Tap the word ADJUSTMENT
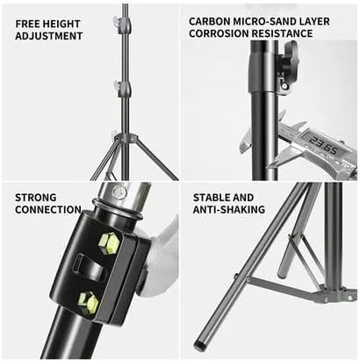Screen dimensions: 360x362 [x=49, y=36]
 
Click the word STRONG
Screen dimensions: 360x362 [x=36, y=198]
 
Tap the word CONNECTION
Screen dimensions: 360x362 [x=48, y=210]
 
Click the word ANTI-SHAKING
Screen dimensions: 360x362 [x=229, y=210]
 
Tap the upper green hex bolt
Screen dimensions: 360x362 [x=108, y=243]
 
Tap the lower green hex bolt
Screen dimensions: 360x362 [x=89, y=302]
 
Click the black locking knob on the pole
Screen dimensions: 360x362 [x=289, y=60]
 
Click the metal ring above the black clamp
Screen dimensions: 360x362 [x=117, y=209]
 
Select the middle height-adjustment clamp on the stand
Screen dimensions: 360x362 [x=123, y=87]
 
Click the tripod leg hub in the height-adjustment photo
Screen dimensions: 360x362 [x=126, y=136]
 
